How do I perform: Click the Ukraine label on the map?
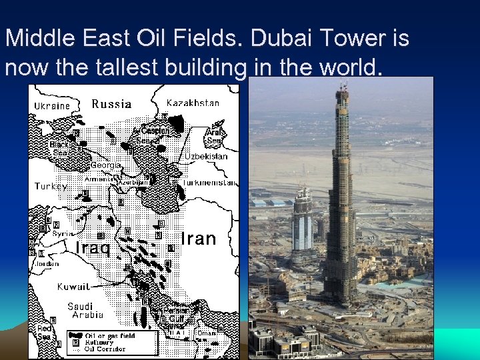point(52,106)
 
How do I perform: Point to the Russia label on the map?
point(111,104)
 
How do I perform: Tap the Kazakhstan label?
point(193,103)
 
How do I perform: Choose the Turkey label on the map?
point(51,187)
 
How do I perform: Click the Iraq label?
point(92,248)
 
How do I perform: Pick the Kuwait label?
point(73,287)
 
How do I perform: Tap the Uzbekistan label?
point(206,156)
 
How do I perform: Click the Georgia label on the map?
point(106,165)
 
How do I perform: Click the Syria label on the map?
point(63,234)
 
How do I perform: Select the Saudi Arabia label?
point(85,311)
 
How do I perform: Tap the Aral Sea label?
point(215,136)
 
